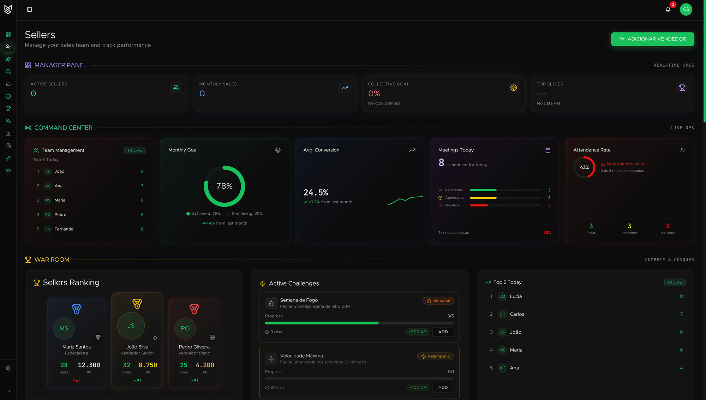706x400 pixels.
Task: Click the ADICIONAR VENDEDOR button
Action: (652, 39)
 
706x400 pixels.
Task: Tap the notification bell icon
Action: (668, 10)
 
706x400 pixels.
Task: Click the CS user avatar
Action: (686, 10)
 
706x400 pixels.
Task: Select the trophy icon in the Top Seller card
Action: (682, 88)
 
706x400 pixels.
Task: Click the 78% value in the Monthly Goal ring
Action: (225, 186)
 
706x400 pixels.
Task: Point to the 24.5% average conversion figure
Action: (316, 192)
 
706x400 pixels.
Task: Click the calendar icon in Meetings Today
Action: (548, 150)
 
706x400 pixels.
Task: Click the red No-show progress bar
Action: (479, 205)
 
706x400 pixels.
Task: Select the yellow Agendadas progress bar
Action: (483, 198)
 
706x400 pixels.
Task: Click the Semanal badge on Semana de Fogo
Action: (438, 301)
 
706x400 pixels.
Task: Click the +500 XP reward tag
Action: (417, 332)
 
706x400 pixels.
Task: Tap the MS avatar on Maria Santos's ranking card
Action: (64, 328)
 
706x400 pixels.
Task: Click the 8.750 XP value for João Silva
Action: (148, 365)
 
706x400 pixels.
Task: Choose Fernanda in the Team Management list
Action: (64, 229)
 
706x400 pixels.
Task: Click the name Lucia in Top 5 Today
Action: (516, 297)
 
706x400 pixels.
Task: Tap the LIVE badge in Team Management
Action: (135, 150)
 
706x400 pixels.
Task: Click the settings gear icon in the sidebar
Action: (8, 368)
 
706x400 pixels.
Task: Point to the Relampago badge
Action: (436, 357)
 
